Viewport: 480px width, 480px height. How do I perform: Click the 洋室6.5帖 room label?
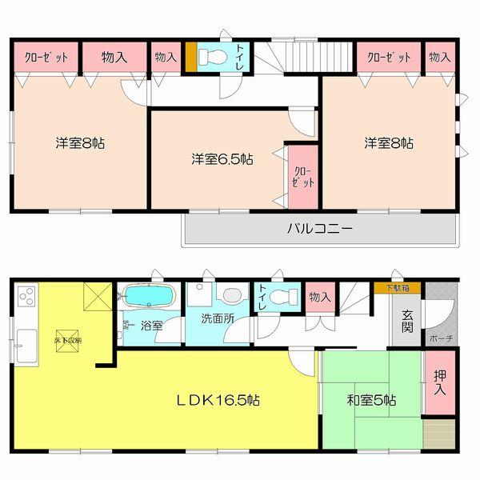point(222,159)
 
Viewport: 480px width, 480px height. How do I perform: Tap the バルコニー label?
point(320,229)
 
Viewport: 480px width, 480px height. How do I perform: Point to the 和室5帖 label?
point(372,399)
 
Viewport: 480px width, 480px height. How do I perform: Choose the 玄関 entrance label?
point(407,322)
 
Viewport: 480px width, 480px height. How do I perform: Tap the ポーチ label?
point(441,338)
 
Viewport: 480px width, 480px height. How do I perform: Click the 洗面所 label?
point(218,318)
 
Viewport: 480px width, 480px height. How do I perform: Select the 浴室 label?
point(152,326)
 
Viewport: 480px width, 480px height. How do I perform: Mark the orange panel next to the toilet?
point(190,57)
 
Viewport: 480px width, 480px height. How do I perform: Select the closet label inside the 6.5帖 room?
point(298,176)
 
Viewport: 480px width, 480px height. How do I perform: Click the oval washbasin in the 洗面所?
point(230,294)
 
